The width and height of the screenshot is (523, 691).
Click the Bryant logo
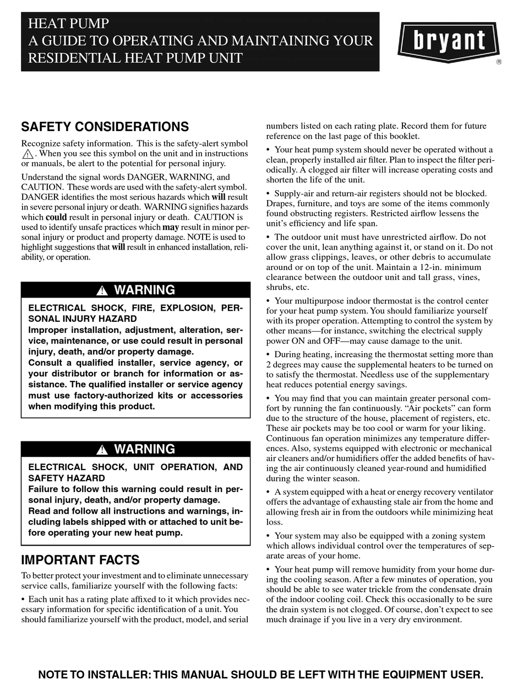(449, 40)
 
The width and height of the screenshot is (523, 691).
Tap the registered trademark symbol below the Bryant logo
(499, 62)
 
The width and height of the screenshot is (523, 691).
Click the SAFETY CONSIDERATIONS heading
(105, 127)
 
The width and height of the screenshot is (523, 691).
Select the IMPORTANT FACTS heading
(80, 560)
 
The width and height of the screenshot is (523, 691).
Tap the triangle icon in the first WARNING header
(101, 291)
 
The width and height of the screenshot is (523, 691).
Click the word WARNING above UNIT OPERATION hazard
(144, 449)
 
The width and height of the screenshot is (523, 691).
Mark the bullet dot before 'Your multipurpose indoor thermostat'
(269, 301)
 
